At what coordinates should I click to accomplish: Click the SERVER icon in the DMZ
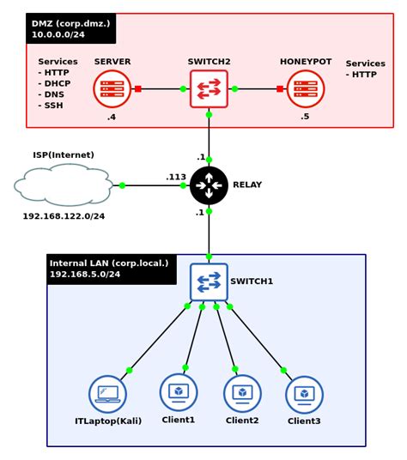[x=112, y=88]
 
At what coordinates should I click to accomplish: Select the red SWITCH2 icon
[x=209, y=88]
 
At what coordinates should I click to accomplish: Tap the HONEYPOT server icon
[x=306, y=88]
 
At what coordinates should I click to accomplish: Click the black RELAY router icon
[x=209, y=185]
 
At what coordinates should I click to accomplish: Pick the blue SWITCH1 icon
[x=209, y=281]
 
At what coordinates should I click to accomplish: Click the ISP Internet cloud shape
[x=64, y=185]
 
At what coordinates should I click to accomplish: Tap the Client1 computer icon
[x=179, y=391]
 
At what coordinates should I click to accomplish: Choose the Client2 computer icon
[x=242, y=393]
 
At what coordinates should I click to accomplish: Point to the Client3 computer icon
[x=304, y=394]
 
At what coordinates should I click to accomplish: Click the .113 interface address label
[x=176, y=177]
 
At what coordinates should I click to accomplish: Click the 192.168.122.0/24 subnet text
[x=64, y=216]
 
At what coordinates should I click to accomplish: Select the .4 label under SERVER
[x=112, y=117]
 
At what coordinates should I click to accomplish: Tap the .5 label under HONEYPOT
[x=305, y=117]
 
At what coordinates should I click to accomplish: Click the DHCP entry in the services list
[x=57, y=83]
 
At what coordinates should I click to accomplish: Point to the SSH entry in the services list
[x=54, y=106]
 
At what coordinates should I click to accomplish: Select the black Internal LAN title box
[x=111, y=269]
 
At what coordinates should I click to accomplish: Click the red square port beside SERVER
[x=137, y=88]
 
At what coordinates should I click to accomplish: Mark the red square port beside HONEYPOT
[x=280, y=88]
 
